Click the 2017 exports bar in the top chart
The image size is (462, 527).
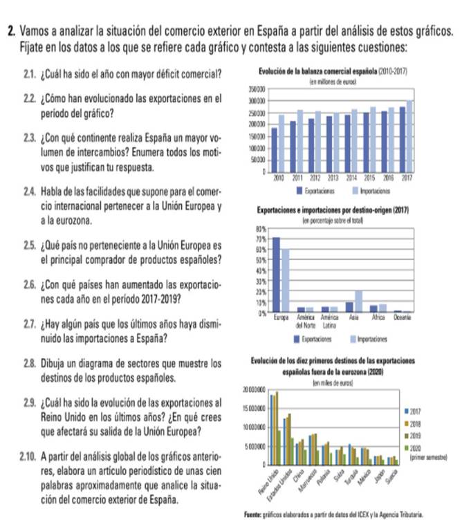(403, 139)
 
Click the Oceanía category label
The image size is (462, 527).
(403, 319)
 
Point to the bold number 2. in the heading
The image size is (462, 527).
(12, 31)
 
